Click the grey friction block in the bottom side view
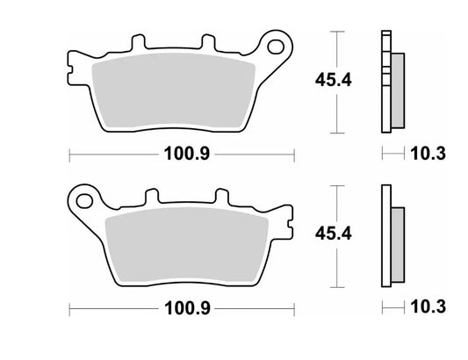click(x=396, y=242)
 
